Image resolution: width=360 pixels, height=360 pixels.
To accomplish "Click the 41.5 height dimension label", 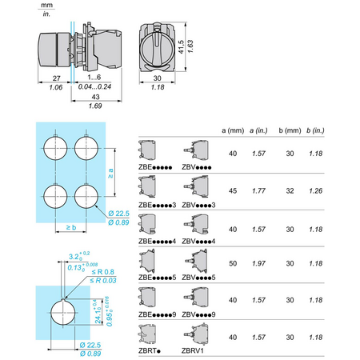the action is pyautogui.click(x=181, y=47).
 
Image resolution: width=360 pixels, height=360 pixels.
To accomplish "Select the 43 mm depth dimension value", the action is pyautogui.click(x=95, y=97).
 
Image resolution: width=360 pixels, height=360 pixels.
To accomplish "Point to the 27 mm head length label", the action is pyautogui.click(x=57, y=78).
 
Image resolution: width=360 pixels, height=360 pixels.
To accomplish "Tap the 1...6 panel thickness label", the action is pyautogui.click(x=94, y=78).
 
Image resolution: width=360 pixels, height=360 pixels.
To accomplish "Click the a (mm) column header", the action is pyautogui.click(x=233, y=130).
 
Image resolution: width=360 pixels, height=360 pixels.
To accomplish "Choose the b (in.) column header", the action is pyautogui.click(x=315, y=130).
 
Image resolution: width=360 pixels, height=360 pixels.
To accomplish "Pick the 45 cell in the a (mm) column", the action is pyautogui.click(x=233, y=191).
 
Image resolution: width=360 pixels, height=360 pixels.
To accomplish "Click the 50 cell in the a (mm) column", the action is pyautogui.click(x=233, y=263).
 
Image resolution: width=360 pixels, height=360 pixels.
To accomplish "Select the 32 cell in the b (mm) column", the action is pyautogui.click(x=290, y=191).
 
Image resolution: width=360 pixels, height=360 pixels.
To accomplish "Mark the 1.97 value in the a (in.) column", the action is pyautogui.click(x=258, y=263).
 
